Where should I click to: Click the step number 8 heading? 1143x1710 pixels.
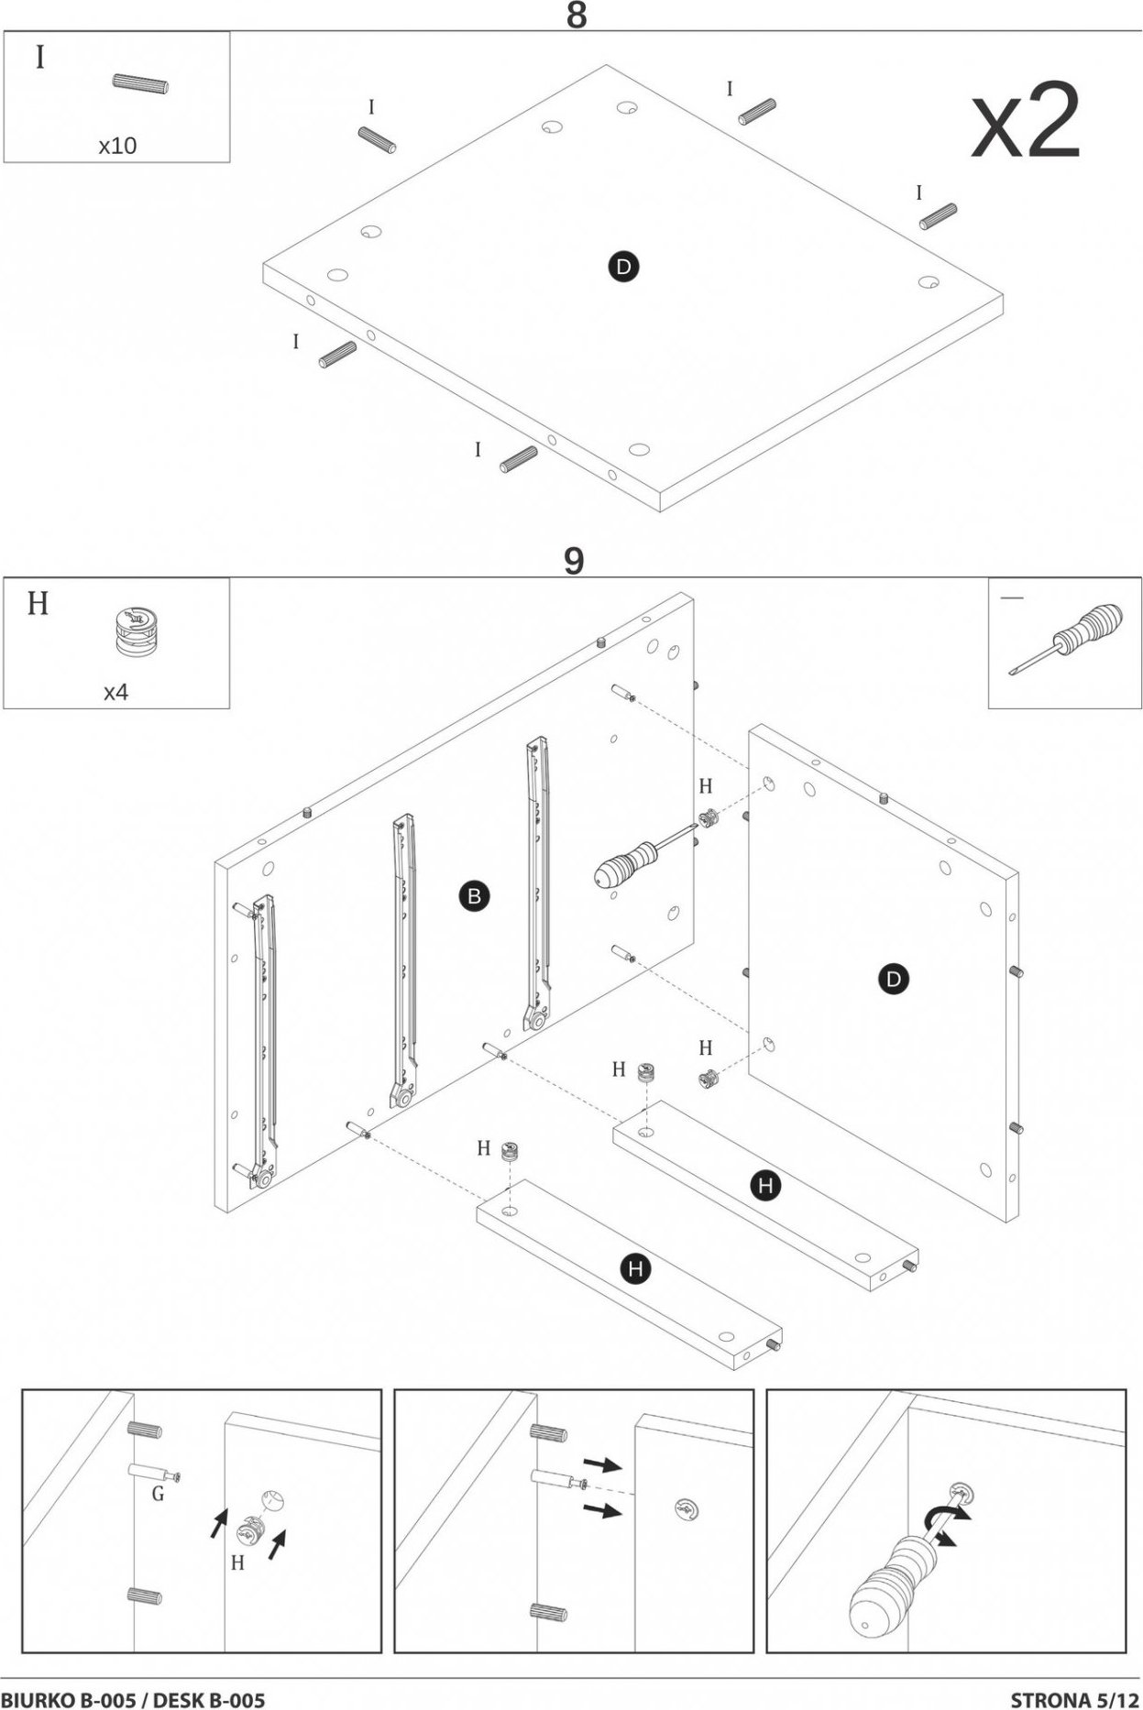[x=576, y=16]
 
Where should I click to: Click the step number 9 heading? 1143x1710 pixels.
[x=573, y=561]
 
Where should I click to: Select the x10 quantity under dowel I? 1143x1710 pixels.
[x=117, y=146]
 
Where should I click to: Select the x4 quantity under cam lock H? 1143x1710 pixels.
[x=115, y=692]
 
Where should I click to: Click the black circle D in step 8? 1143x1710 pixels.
[x=624, y=267]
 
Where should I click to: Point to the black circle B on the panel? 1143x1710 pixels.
[x=474, y=896]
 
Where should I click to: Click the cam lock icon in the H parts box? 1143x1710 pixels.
[x=134, y=632]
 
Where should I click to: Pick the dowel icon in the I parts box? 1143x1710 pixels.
[x=140, y=85]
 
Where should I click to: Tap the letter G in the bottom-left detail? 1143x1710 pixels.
[x=158, y=1495]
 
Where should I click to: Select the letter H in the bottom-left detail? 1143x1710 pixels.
[x=236, y=1562]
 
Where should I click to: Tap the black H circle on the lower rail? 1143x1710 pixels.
[x=634, y=1268]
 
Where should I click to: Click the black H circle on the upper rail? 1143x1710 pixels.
[x=765, y=1186]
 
